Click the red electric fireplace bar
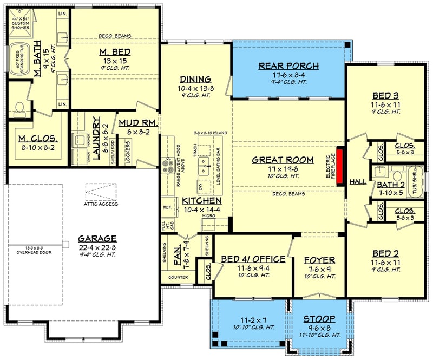341,166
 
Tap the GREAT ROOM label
283,160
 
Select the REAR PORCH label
288,66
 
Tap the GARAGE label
97,238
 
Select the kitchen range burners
166,164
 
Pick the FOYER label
319,260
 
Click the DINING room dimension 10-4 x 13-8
196,88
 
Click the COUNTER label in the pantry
178,278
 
